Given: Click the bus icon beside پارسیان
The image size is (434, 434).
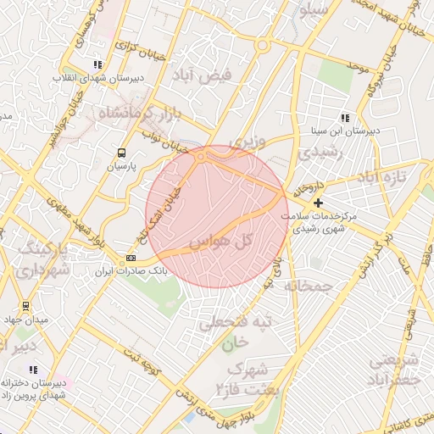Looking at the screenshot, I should coord(122,153).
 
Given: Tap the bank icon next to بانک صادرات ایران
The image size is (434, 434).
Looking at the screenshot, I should coord(131,258).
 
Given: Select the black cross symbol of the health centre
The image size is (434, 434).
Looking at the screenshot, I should coord(318,203).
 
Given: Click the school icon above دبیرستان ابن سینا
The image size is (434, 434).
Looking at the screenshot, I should coord(344,118).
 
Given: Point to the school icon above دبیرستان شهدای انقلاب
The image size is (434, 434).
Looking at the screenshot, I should coord(99,64).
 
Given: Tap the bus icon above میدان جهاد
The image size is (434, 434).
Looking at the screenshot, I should coord(25,305).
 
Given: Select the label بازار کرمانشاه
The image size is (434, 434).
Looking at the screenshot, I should coord(136,112).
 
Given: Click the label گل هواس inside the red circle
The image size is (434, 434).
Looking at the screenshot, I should coord(223,242).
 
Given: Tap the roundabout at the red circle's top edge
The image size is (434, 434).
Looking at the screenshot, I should coord(202,156).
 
